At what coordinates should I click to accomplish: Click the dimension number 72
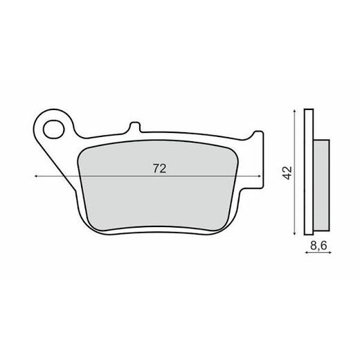click(159, 168)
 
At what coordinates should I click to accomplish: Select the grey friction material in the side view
click(322, 185)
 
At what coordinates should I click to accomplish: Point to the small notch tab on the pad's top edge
click(135, 127)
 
